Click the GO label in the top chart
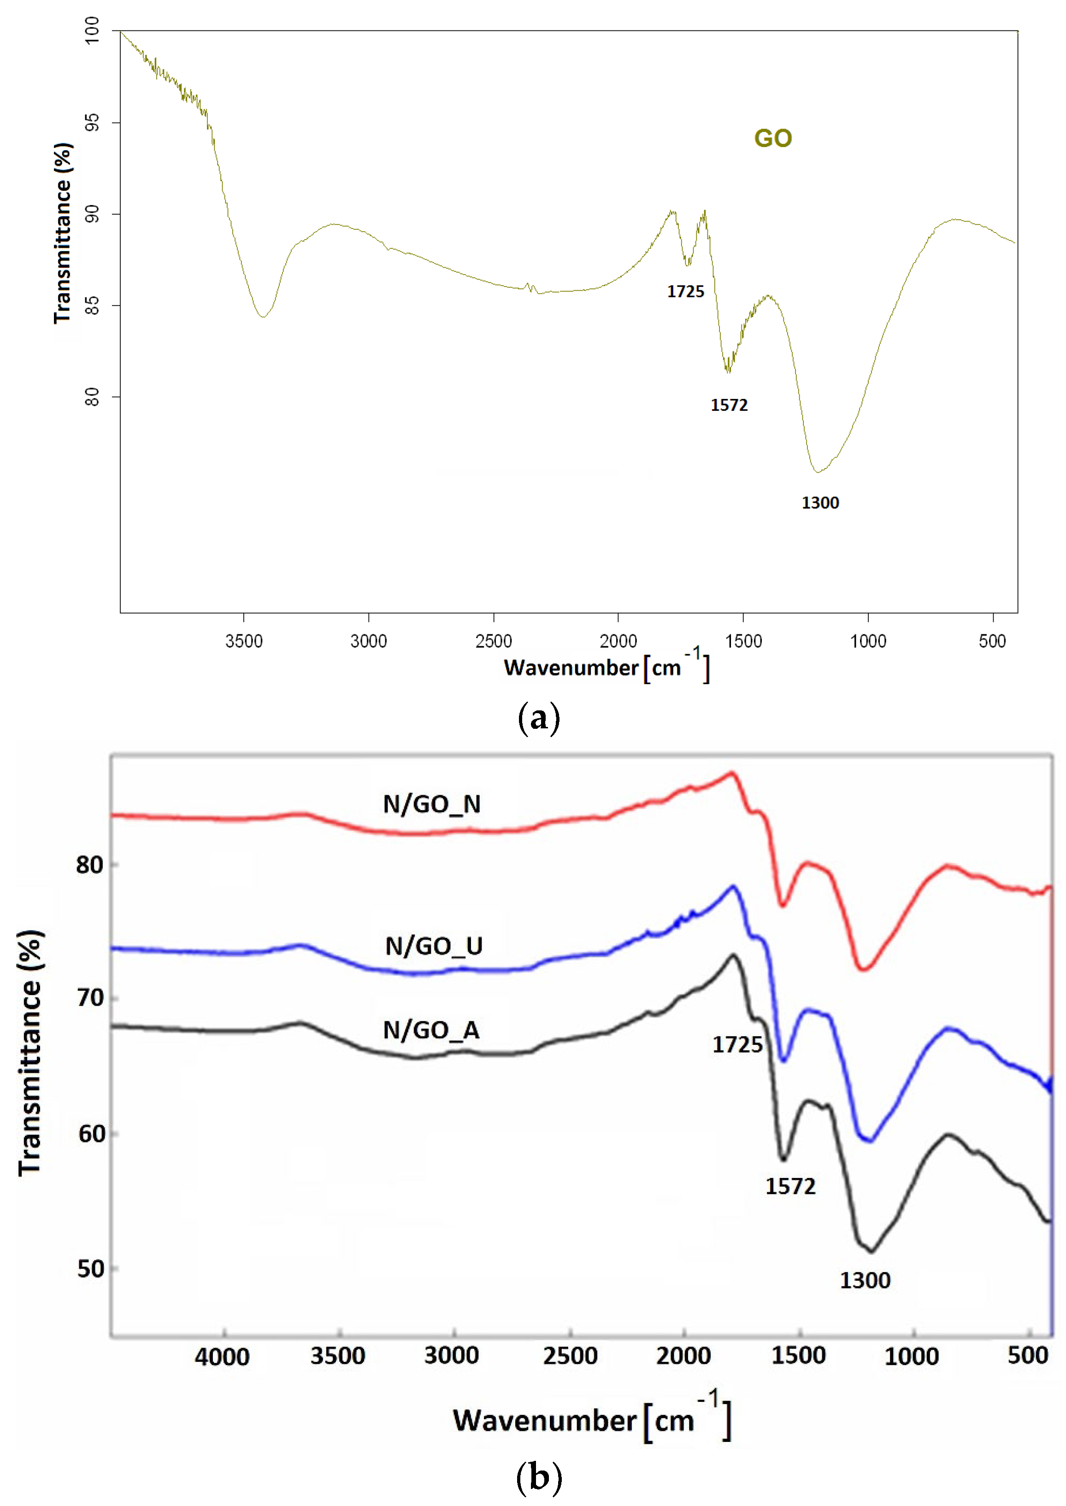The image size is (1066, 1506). pyautogui.click(x=772, y=139)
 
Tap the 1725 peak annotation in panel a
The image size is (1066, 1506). pyautogui.click(x=685, y=291)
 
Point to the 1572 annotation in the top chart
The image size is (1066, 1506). pyautogui.click(x=729, y=405)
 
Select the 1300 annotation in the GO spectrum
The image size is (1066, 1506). pyautogui.click(x=820, y=503)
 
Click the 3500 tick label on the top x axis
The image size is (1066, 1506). pyautogui.click(x=243, y=641)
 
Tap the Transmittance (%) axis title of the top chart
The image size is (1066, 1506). pyautogui.click(x=63, y=233)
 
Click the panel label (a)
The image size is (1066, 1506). pyautogui.click(x=538, y=717)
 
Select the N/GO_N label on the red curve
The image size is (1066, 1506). pyautogui.click(x=432, y=804)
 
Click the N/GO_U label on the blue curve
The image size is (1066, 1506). pyautogui.click(x=434, y=946)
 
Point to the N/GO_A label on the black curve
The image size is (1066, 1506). pyautogui.click(x=431, y=1030)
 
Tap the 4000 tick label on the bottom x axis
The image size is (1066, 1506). pyautogui.click(x=222, y=1356)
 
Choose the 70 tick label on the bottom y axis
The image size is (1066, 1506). pyautogui.click(x=91, y=998)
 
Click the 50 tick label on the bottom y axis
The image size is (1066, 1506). pyautogui.click(x=91, y=1268)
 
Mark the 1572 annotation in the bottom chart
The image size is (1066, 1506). pyautogui.click(x=790, y=1186)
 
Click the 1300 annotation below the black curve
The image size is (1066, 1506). pyautogui.click(x=865, y=1280)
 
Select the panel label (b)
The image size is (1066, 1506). pyautogui.click(x=538, y=1477)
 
